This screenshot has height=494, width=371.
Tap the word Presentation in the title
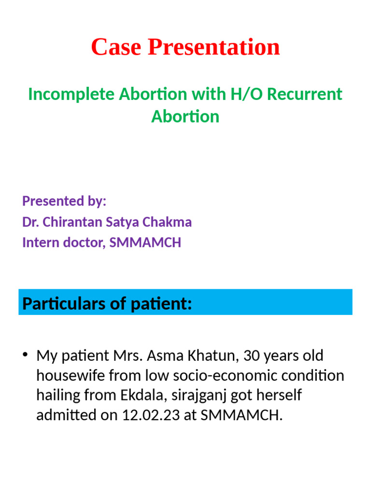214,47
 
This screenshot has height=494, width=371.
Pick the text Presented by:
64,201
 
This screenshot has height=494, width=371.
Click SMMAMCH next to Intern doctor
145,242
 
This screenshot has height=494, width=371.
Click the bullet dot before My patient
25,356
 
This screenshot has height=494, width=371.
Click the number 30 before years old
253,356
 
